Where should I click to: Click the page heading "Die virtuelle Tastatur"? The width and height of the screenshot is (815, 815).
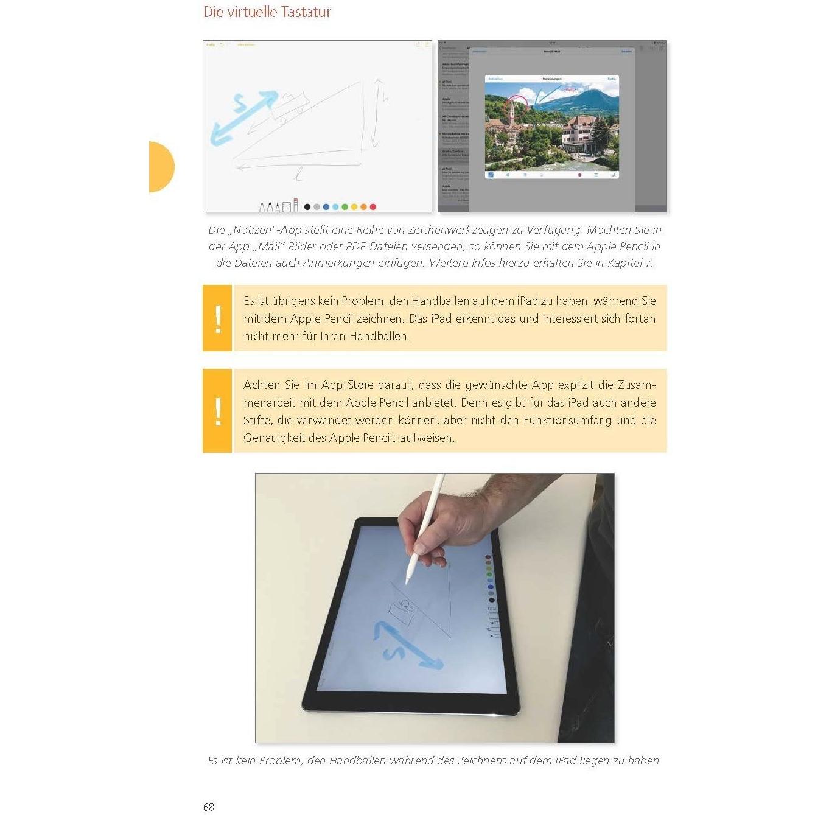click(x=267, y=12)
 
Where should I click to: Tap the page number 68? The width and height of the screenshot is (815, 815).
click(x=209, y=807)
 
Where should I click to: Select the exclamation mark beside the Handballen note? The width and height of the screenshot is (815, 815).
click(x=217, y=318)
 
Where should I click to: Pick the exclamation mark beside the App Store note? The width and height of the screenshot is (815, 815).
click(x=217, y=411)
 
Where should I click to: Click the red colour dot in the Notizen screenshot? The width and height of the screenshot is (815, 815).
click(x=373, y=207)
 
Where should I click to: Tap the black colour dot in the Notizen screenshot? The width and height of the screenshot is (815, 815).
click(x=307, y=207)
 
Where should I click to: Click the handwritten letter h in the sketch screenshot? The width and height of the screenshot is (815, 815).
click(x=385, y=99)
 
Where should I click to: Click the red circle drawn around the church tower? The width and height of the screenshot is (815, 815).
click(x=517, y=105)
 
